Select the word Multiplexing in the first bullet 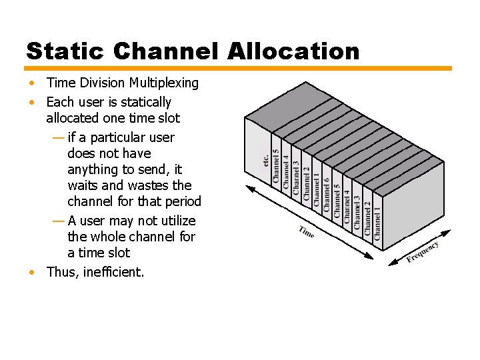tap(164, 83)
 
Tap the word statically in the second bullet tap(144, 102)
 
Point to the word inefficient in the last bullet tap(114, 271)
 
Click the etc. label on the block tap(265, 160)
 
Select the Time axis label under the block tap(307, 232)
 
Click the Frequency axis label tap(423, 252)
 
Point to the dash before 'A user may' tap(57, 221)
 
